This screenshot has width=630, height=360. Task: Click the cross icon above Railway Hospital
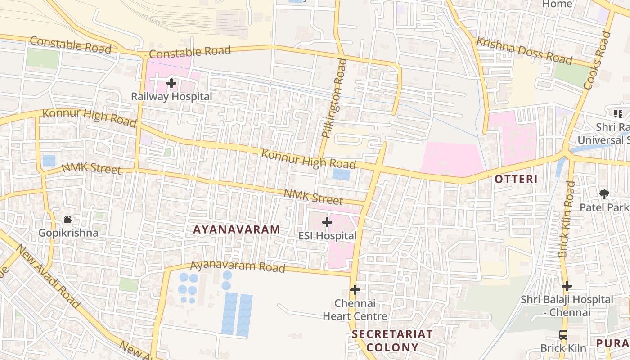click(x=171, y=83)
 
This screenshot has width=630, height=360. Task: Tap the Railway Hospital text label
click(x=171, y=96)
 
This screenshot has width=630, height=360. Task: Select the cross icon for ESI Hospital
click(x=327, y=222)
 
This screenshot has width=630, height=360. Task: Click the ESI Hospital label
click(x=327, y=236)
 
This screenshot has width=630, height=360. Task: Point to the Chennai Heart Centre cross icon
click(x=355, y=290)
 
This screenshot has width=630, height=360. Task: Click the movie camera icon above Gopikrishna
click(x=68, y=220)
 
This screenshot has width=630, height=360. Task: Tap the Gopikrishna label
click(x=68, y=233)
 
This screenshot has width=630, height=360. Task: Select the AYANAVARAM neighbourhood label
click(x=237, y=229)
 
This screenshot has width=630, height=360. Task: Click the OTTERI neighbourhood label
click(x=516, y=179)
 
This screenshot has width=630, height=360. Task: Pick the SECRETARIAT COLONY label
click(x=392, y=341)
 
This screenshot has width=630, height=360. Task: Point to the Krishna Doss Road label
click(x=524, y=50)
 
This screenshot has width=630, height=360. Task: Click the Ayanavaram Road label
click(x=238, y=266)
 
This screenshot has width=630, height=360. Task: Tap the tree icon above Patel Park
click(x=604, y=194)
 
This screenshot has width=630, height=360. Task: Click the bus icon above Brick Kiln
click(x=563, y=335)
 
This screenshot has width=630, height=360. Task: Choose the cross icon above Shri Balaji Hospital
click(x=567, y=286)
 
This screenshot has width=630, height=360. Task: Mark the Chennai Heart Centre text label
click(x=355, y=310)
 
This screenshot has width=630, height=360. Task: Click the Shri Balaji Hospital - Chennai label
click(x=567, y=306)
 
